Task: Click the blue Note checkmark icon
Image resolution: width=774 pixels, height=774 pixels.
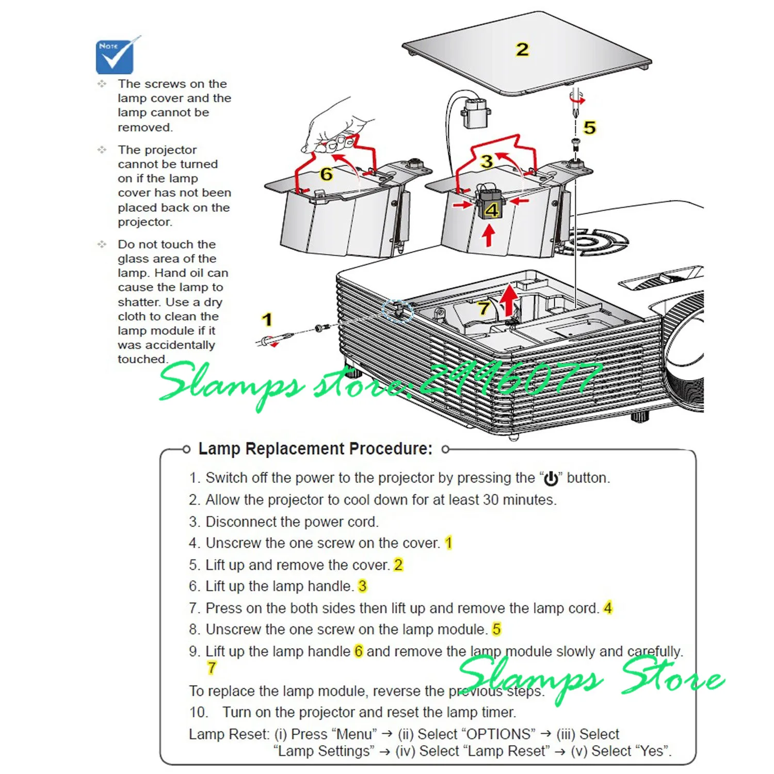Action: pyautogui.click(x=115, y=56)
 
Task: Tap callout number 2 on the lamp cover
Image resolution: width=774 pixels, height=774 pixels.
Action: pyautogui.click(x=522, y=50)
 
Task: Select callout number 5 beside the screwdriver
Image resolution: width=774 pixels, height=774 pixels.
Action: pyautogui.click(x=589, y=127)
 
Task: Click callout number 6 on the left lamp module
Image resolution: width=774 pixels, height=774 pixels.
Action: pyautogui.click(x=326, y=174)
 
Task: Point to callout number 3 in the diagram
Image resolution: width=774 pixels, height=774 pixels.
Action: pyautogui.click(x=487, y=161)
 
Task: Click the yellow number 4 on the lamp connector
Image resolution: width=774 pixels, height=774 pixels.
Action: pyautogui.click(x=492, y=209)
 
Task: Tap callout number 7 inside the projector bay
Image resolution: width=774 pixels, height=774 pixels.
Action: pyautogui.click(x=483, y=308)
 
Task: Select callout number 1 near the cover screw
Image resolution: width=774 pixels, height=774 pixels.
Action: pyautogui.click(x=267, y=319)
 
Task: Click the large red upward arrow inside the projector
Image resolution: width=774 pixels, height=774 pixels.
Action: pyautogui.click(x=509, y=300)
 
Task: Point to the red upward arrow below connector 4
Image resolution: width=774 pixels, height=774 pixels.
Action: pyautogui.click(x=489, y=236)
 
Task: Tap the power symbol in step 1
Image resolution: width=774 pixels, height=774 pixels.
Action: pyautogui.click(x=551, y=478)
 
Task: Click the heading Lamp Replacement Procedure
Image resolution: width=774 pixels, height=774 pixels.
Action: pyautogui.click(x=315, y=449)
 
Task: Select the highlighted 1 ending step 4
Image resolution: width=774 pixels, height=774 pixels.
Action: pyautogui.click(x=448, y=543)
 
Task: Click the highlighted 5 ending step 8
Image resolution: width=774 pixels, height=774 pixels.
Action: pyautogui.click(x=496, y=629)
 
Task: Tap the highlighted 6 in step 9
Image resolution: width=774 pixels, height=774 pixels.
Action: pyautogui.click(x=359, y=651)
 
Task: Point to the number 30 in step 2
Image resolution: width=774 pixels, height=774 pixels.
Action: pyautogui.click(x=491, y=499)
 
